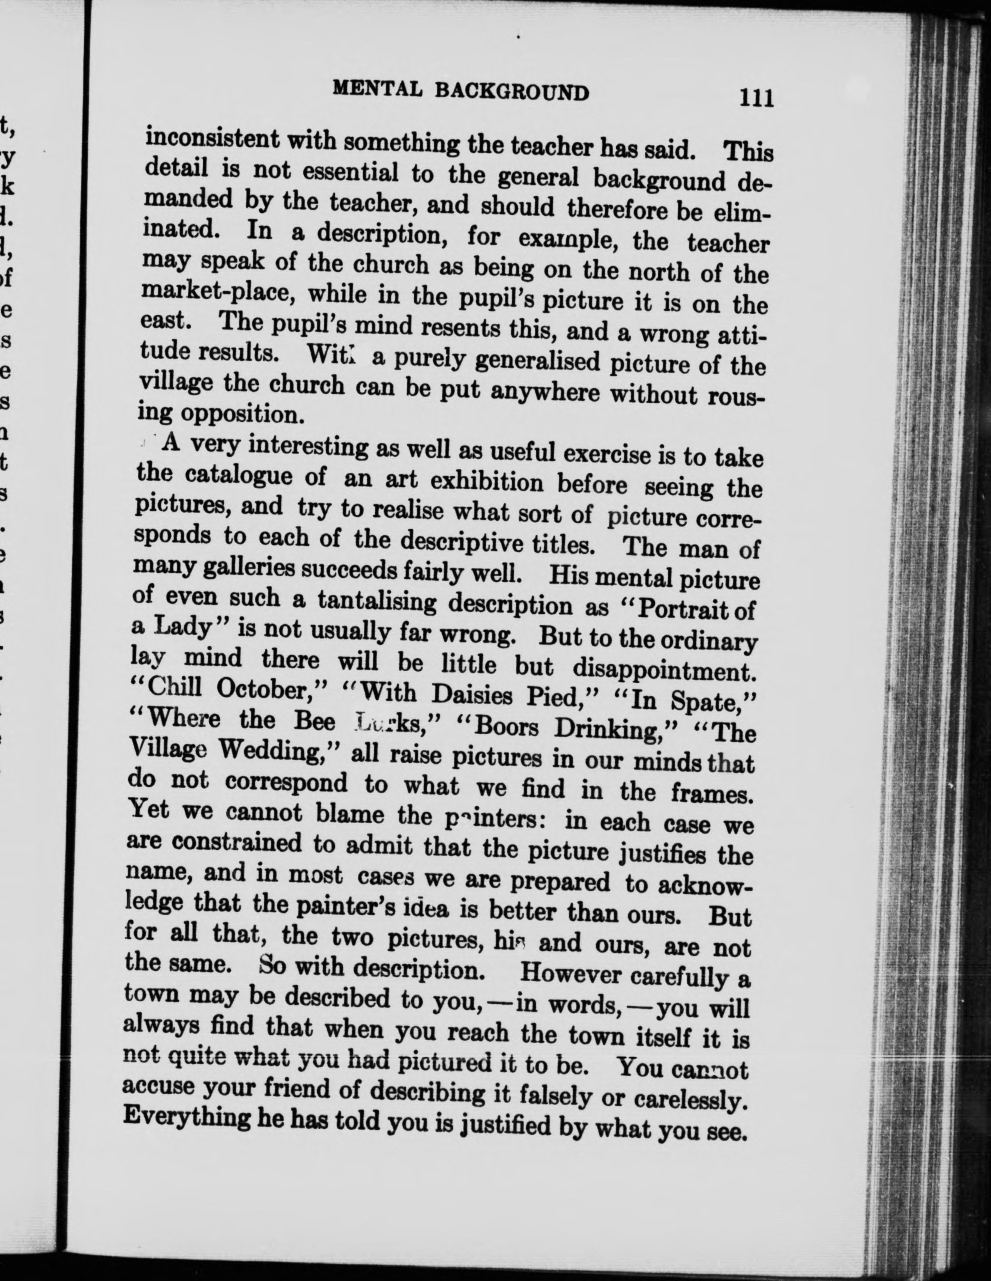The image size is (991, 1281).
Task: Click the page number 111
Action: [x=756, y=97]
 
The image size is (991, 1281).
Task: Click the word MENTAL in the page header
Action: [x=377, y=89]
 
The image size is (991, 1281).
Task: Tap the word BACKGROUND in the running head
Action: [x=512, y=92]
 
